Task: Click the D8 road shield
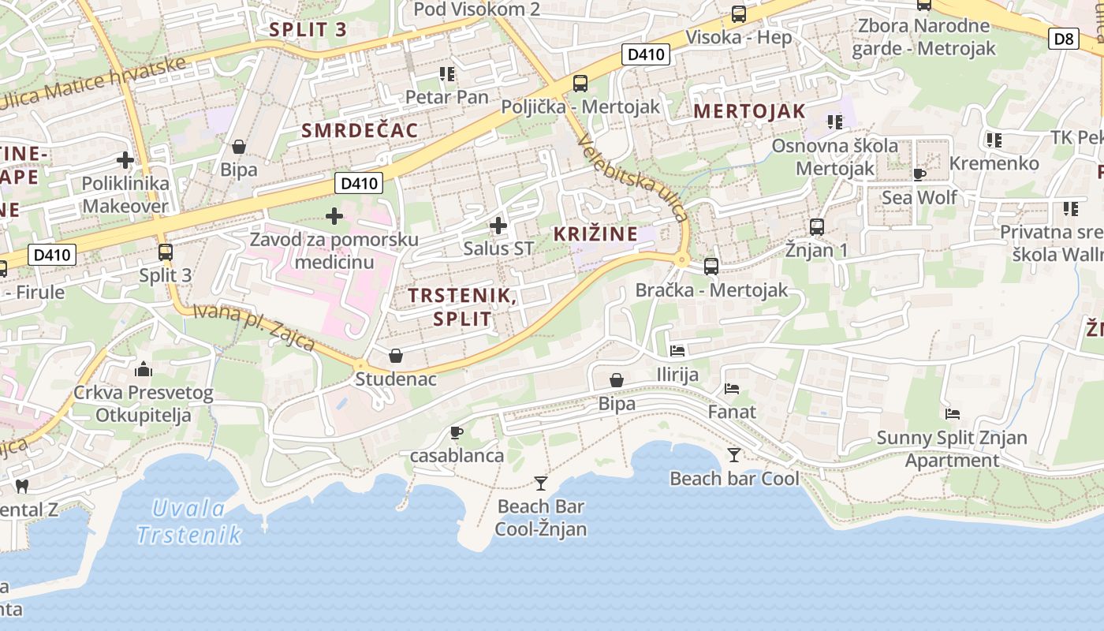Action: pos(1064,39)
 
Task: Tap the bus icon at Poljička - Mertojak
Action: pos(580,83)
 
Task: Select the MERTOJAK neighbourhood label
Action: pos(749,111)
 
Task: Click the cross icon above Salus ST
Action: pos(498,226)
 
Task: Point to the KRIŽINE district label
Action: pos(595,233)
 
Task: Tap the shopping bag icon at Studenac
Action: pos(396,357)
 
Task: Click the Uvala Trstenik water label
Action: pos(189,521)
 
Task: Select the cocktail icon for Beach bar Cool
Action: pos(734,454)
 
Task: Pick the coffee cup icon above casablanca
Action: pos(456,432)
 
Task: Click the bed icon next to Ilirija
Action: pos(677,350)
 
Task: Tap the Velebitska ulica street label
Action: pos(633,178)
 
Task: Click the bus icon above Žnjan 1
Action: pos(816,227)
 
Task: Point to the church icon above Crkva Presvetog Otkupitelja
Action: pos(144,368)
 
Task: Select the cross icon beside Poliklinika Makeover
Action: pos(125,161)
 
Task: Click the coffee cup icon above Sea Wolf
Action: pos(919,174)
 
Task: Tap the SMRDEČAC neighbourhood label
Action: pos(360,131)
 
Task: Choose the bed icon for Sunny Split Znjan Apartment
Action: pos(953,414)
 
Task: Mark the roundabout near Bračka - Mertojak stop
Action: pos(682,259)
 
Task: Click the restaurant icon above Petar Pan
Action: pos(447,74)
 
